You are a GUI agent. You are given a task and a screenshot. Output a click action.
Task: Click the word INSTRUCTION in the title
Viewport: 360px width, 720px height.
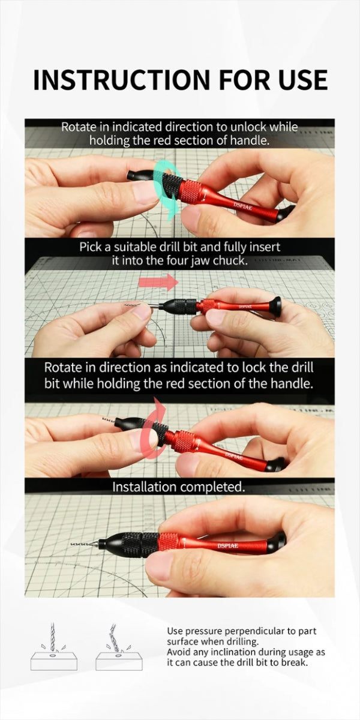click(x=122, y=79)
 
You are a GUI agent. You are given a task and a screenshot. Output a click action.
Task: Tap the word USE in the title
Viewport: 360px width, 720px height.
click(x=303, y=79)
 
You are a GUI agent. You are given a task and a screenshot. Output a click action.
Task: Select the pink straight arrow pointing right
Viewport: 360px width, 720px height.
click(x=158, y=282)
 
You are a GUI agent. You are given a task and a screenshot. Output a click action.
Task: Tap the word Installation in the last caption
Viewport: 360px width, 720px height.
click(x=144, y=487)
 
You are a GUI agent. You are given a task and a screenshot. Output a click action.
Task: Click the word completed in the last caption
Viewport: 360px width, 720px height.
click(x=212, y=487)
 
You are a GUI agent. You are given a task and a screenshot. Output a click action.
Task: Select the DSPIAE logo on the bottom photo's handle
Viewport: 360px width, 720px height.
click(x=227, y=546)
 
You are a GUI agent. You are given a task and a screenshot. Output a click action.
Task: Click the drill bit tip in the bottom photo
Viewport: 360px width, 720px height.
click(x=71, y=544)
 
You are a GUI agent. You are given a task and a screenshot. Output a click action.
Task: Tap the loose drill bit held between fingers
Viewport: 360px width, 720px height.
click(x=133, y=304)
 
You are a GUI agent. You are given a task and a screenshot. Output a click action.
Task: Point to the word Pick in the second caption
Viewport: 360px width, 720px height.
click(x=90, y=247)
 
